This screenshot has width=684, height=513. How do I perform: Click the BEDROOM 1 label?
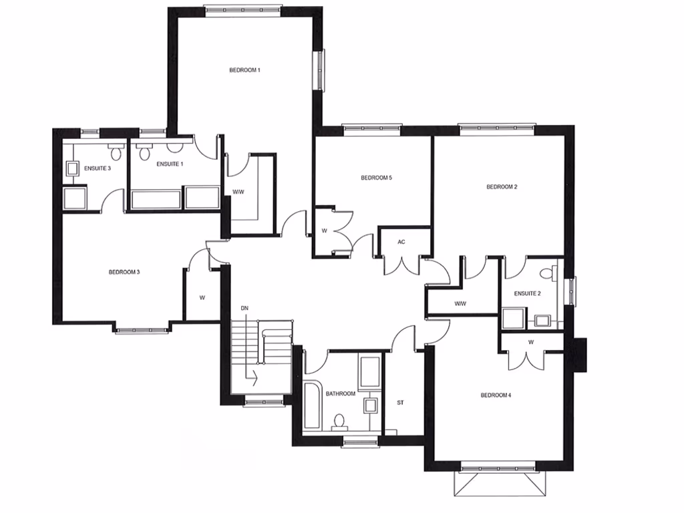(244, 70)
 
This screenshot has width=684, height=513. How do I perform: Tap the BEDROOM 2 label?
(502, 187)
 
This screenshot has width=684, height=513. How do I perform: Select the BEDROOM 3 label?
(124, 272)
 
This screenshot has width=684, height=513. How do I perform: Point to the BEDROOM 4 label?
(496, 395)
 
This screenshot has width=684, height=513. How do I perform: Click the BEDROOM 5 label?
(375, 178)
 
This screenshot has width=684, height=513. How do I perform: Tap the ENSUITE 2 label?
(527, 294)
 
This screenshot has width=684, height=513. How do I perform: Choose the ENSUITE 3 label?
(98, 168)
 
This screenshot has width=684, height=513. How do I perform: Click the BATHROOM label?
(341, 394)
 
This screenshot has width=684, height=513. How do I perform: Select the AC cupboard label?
(401, 242)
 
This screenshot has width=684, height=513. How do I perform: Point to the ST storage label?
(401, 403)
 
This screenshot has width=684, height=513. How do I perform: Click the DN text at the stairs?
(245, 307)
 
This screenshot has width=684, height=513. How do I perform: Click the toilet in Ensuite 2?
(547, 273)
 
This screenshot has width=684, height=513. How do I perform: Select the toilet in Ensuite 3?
(115, 153)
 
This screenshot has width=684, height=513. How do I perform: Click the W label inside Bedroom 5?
(323, 231)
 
